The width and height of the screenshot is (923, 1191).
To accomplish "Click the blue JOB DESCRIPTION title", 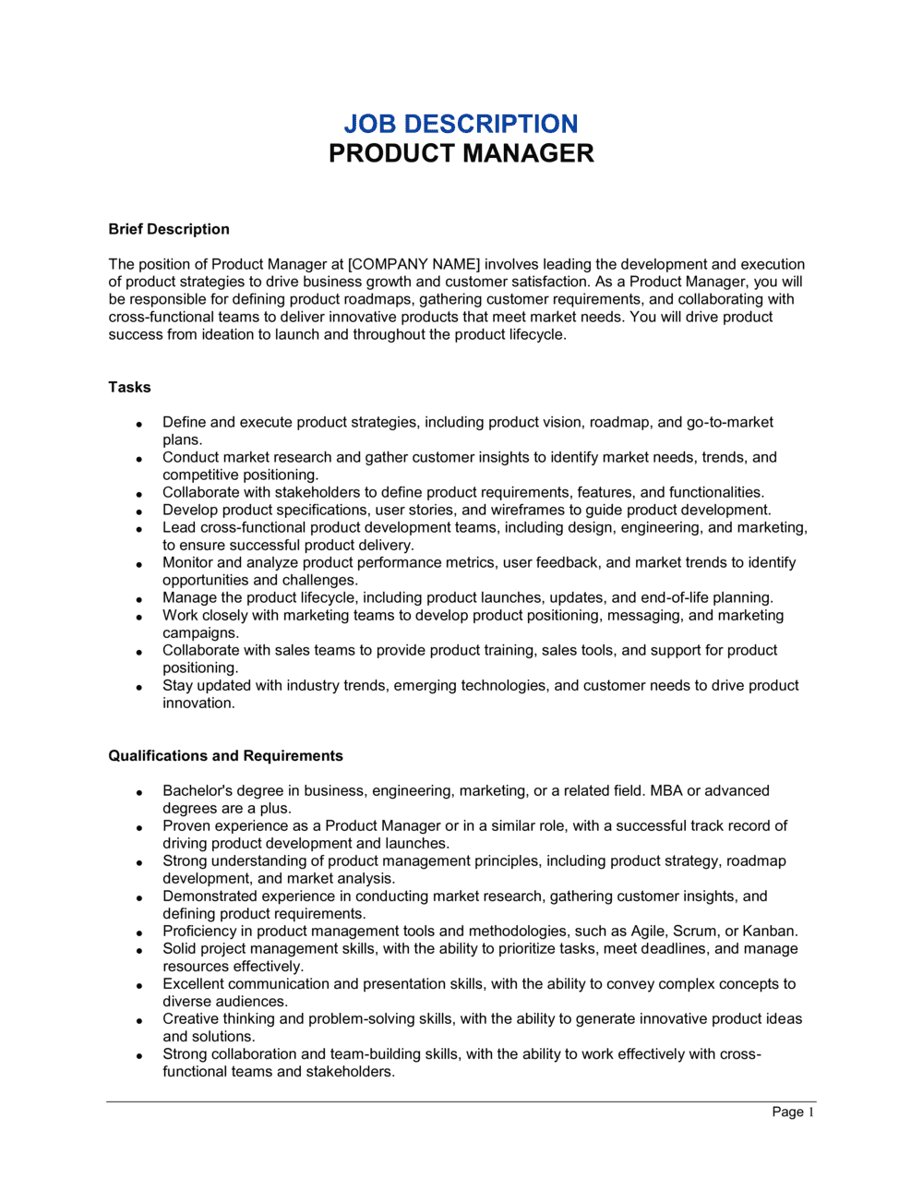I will point(461,124).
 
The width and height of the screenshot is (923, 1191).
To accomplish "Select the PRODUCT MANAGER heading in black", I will point(461,153).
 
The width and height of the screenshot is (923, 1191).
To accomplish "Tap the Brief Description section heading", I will point(169,229).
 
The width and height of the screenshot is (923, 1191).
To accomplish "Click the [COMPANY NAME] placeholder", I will point(414,264).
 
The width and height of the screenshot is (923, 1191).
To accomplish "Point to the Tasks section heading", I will point(129,387).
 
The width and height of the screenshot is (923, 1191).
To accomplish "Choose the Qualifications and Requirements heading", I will point(225,755).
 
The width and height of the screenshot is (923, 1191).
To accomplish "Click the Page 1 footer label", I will point(793,1112).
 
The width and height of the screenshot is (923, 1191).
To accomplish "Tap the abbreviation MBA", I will point(666,790).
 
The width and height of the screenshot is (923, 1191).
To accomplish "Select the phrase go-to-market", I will point(729,422).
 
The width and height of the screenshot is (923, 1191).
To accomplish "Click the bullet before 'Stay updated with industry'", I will point(139,687).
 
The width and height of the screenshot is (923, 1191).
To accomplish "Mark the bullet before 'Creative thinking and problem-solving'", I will point(139,1020).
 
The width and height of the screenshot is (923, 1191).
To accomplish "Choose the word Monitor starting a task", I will point(188,562).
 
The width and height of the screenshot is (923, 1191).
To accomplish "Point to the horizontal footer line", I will point(461,1101).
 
